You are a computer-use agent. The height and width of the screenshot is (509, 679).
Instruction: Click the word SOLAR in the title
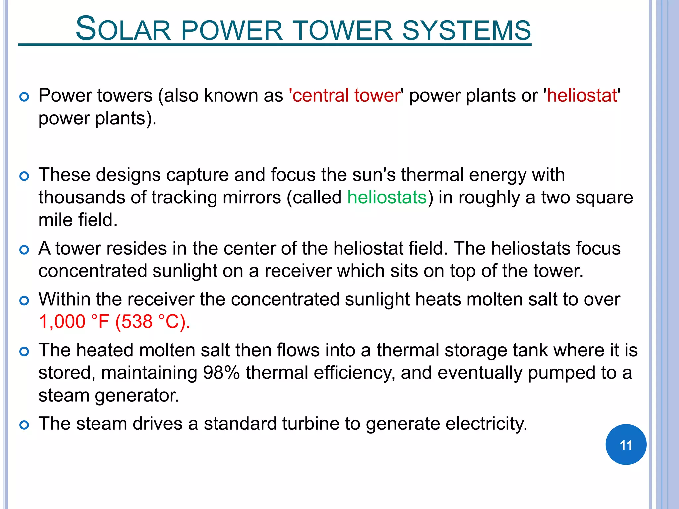coord(123,29)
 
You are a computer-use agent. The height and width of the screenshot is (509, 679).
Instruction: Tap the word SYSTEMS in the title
coord(466,30)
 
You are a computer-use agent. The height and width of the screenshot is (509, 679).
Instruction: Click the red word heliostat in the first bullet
coord(582,96)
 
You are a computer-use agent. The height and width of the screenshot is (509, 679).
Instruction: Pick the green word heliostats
coord(387,198)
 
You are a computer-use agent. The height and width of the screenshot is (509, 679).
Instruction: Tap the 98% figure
coord(221,373)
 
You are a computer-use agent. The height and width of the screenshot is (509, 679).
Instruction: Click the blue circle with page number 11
coord(626,444)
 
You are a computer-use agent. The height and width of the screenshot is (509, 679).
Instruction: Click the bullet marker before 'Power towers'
coord(24,97)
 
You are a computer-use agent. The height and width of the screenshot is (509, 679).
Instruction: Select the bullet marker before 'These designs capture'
coord(24,176)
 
